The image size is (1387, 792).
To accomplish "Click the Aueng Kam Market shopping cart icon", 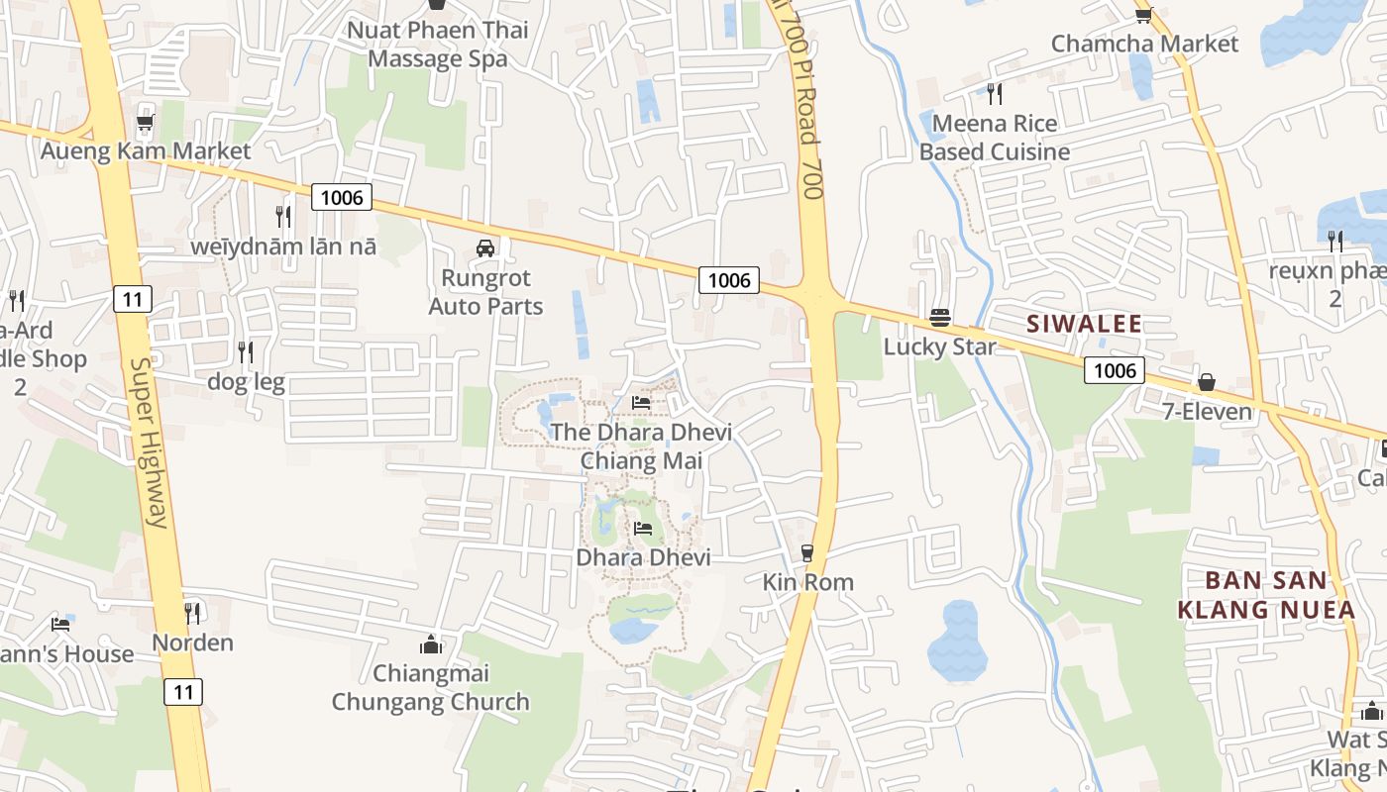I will click(145, 123).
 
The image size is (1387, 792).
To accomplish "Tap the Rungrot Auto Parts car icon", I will click(485, 248).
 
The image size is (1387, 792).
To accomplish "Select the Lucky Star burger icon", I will click(940, 318).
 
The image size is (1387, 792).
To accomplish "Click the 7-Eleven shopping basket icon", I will click(1207, 382).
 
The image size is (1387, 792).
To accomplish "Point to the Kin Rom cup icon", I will click(807, 552).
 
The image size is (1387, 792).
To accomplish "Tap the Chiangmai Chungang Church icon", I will click(431, 644).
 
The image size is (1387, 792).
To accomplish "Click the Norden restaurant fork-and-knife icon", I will click(192, 613).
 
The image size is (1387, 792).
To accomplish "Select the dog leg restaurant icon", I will click(246, 351).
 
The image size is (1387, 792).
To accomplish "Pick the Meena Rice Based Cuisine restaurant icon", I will click(995, 94).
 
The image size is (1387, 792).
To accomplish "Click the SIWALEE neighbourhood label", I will click(1084, 324).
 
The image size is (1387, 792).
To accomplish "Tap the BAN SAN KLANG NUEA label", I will click(1266, 595).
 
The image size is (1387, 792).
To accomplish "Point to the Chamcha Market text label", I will click(1144, 44).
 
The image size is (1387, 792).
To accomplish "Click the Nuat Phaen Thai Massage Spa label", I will click(437, 44).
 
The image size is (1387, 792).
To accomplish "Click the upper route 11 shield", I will click(132, 298).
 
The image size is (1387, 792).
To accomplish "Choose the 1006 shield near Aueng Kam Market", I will click(342, 197).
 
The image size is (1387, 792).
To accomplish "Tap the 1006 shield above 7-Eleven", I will click(1114, 370).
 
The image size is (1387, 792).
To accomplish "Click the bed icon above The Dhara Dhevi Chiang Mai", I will click(641, 403).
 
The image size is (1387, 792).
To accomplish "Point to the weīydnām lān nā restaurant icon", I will click(283, 216).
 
